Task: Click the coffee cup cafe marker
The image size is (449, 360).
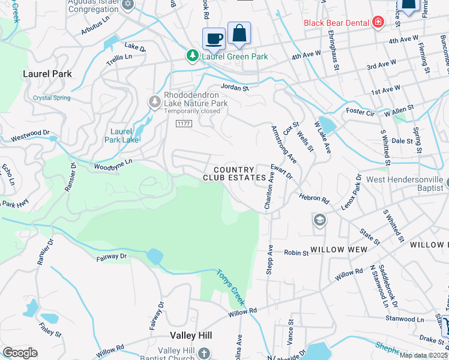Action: click(x=214, y=39)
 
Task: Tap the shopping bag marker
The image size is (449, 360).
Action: click(x=239, y=35)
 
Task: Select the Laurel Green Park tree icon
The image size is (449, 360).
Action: click(x=192, y=56)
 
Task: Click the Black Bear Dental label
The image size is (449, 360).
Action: click(x=336, y=23)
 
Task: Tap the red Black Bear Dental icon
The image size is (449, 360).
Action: click(x=378, y=23)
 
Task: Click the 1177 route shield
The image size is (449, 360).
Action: click(x=184, y=124)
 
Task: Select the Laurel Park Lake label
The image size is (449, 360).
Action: click(x=124, y=136)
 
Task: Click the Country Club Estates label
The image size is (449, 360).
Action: click(x=234, y=174)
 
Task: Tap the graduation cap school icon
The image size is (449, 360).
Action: click(x=319, y=221)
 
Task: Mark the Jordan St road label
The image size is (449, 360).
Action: click(x=235, y=88)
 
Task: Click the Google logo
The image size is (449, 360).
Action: click(x=20, y=353)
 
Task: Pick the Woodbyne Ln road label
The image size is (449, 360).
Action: click(x=112, y=164)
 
